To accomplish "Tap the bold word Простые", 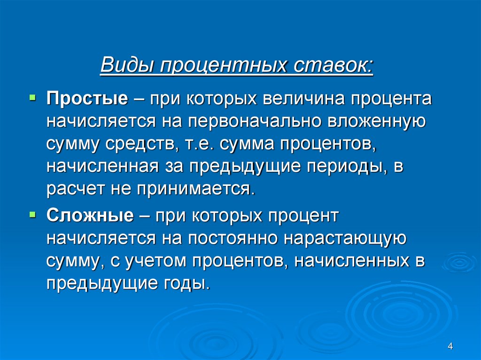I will [x=87, y=99].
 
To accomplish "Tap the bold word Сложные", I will [x=89, y=216].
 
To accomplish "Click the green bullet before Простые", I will [x=32, y=98].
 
